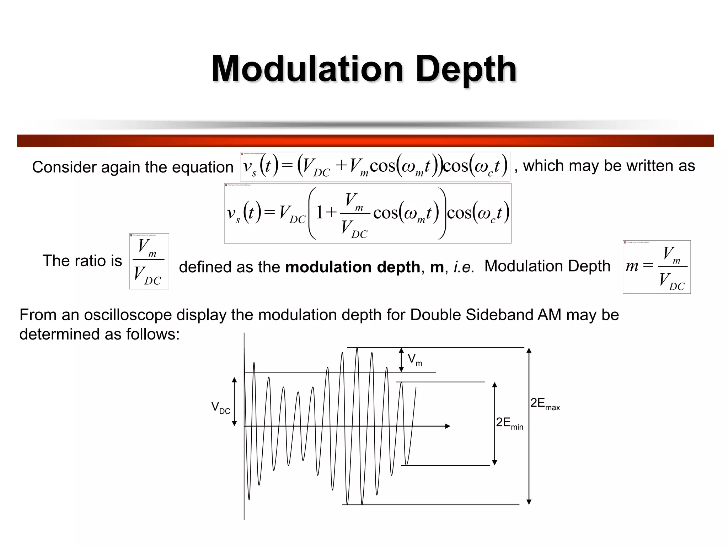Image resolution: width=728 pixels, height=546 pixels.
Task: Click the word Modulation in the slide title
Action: click(x=307, y=69)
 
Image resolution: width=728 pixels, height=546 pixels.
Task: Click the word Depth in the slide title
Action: click(x=466, y=69)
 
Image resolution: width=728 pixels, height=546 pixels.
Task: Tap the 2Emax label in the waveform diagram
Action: click(x=545, y=404)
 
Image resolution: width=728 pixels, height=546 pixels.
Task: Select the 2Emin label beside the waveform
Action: click(x=509, y=423)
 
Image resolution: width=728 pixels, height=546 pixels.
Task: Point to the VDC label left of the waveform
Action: click(x=220, y=407)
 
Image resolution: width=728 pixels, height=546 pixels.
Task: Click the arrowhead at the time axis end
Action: click(x=448, y=426)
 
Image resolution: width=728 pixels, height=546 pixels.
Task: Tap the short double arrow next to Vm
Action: click(x=401, y=360)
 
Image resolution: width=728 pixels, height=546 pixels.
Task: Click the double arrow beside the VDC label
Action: click(x=234, y=402)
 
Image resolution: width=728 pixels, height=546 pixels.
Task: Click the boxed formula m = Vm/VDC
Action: click(x=657, y=267)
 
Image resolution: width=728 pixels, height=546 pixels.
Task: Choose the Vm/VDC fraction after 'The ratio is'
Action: click(x=149, y=261)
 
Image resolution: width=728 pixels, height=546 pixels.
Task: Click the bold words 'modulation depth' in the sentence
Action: click(x=353, y=267)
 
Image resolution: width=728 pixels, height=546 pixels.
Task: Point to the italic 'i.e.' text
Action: click(x=464, y=267)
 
